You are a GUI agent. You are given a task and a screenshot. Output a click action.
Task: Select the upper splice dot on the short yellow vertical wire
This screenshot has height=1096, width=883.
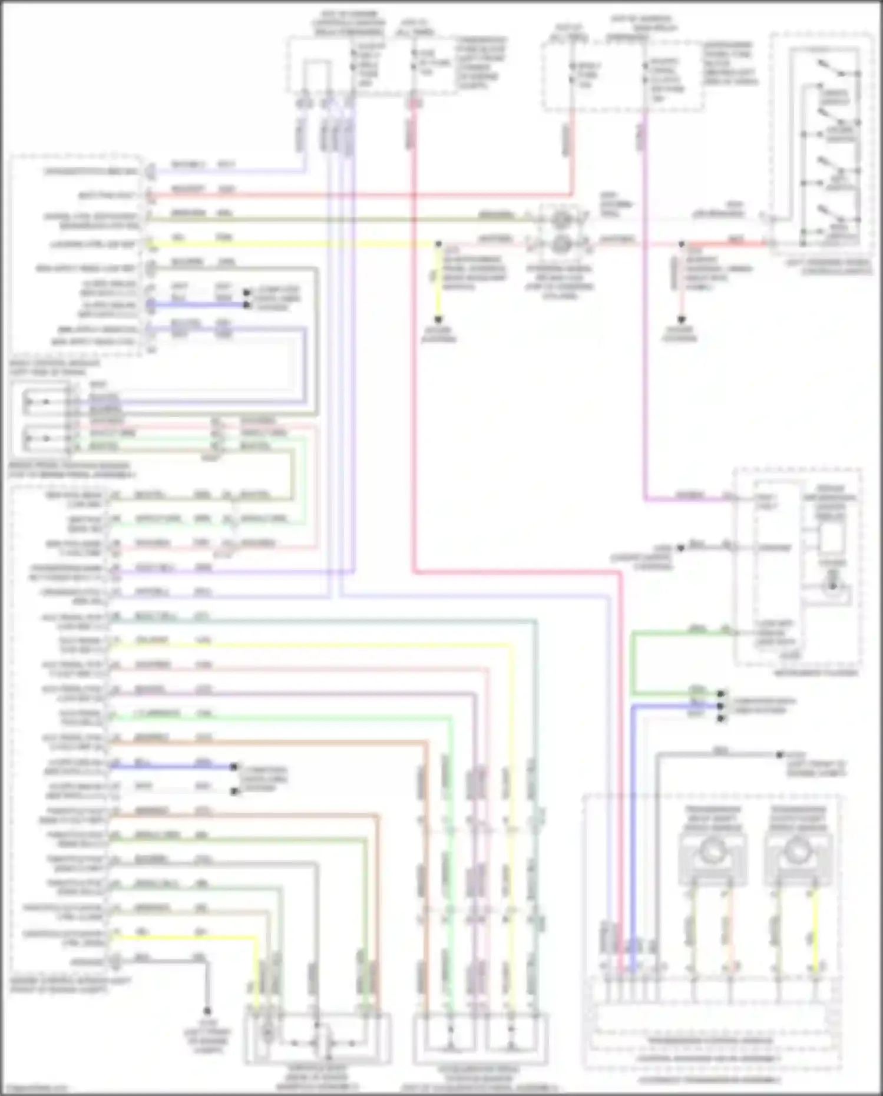(438, 243)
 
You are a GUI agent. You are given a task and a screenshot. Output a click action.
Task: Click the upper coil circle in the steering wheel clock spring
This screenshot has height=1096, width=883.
(560, 220)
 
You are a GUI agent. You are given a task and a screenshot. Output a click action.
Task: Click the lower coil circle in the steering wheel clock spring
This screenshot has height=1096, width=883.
(560, 243)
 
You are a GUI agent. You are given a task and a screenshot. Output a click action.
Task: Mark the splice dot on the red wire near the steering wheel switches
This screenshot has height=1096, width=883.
(682, 243)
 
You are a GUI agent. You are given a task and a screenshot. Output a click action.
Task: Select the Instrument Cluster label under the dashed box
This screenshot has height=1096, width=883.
(825, 673)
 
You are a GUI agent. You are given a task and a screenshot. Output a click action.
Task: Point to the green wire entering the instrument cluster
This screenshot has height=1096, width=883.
(677, 631)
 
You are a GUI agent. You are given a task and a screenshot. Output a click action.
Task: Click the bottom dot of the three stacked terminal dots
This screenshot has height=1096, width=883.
(720, 718)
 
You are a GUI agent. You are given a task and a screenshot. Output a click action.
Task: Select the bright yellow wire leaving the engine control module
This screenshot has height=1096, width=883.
(183, 938)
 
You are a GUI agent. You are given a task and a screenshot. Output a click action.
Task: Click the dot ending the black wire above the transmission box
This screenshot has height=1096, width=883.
(779, 754)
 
